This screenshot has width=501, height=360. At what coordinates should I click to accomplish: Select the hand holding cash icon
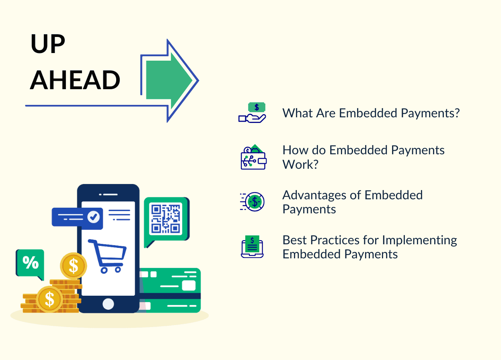[252, 113]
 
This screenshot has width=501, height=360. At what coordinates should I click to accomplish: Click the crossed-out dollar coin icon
[253, 201]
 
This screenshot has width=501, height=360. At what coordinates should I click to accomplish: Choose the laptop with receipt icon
[252, 247]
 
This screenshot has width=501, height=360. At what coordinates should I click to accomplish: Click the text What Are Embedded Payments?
[371, 113]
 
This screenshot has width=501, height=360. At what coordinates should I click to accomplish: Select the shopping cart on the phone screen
[107, 256]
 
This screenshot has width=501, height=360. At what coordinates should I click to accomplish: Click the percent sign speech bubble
[30, 263]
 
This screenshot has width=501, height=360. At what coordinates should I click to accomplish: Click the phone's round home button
[108, 304]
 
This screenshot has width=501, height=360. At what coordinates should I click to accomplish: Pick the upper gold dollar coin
[73, 266]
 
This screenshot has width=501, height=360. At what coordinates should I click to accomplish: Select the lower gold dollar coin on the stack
[49, 299]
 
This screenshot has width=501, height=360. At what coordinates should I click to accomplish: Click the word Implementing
[419, 240]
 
